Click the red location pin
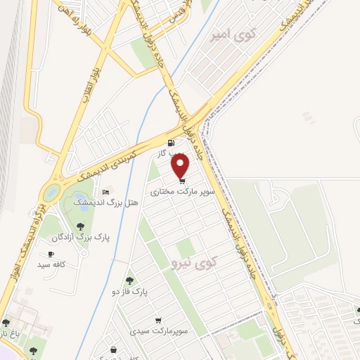click(181, 165)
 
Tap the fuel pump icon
click(172, 143)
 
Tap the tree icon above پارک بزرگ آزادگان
click(82, 226)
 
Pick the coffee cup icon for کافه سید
click(51, 255)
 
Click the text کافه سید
click(52, 265)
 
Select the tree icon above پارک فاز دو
click(129, 281)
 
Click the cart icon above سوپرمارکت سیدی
click(157, 320)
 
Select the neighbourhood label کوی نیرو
click(195, 263)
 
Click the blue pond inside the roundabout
click(51, 191)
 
